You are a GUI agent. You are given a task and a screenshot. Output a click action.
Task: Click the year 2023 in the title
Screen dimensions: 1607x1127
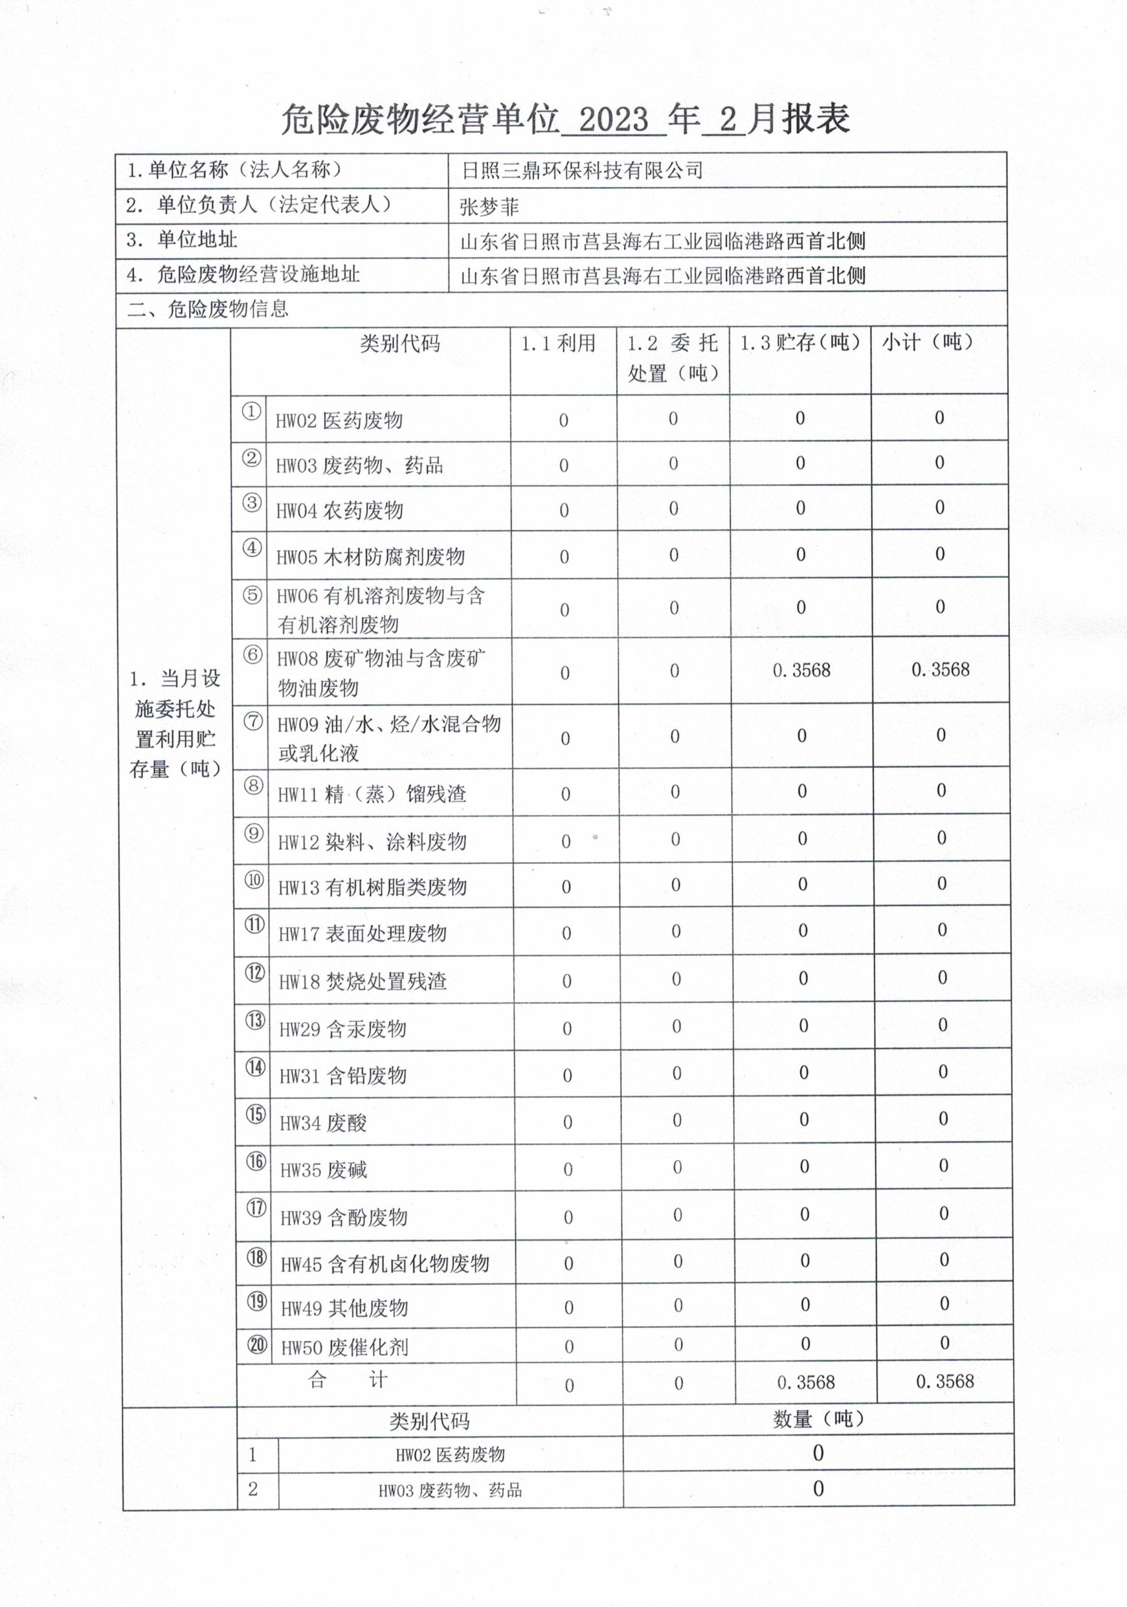point(613,121)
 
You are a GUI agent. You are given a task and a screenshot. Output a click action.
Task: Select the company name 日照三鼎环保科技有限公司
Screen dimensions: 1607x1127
point(581,170)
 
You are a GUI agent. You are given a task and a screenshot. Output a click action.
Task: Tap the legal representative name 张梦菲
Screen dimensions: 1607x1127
point(488,207)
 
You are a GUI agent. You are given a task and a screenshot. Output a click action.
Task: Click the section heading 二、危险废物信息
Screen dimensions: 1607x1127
point(208,309)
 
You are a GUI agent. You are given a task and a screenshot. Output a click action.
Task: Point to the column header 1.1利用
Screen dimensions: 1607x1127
point(558,343)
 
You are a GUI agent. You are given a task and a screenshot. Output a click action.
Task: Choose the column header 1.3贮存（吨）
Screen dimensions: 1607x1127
point(799,343)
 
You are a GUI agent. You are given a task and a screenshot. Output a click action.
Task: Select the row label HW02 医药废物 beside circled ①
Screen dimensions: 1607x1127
point(339,420)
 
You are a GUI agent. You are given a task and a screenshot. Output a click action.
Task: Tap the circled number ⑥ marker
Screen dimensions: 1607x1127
point(252,655)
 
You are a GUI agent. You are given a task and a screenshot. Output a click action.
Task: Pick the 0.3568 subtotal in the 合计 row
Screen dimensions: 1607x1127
point(944,1382)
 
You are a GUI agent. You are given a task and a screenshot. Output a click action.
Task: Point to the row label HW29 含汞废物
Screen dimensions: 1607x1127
point(342,1029)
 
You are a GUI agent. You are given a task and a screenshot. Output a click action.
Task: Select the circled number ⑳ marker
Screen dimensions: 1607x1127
point(257,1344)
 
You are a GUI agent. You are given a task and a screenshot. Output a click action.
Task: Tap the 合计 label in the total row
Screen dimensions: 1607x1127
point(347,1380)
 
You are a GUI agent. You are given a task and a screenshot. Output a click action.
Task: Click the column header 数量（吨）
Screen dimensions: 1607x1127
point(818,1419)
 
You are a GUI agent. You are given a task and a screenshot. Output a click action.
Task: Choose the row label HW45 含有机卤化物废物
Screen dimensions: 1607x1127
point(384,1264)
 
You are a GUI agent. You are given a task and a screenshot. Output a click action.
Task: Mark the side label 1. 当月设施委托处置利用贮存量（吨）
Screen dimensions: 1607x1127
point(175,724)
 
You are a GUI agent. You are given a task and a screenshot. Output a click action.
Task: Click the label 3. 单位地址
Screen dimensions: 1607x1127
point(182,240)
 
